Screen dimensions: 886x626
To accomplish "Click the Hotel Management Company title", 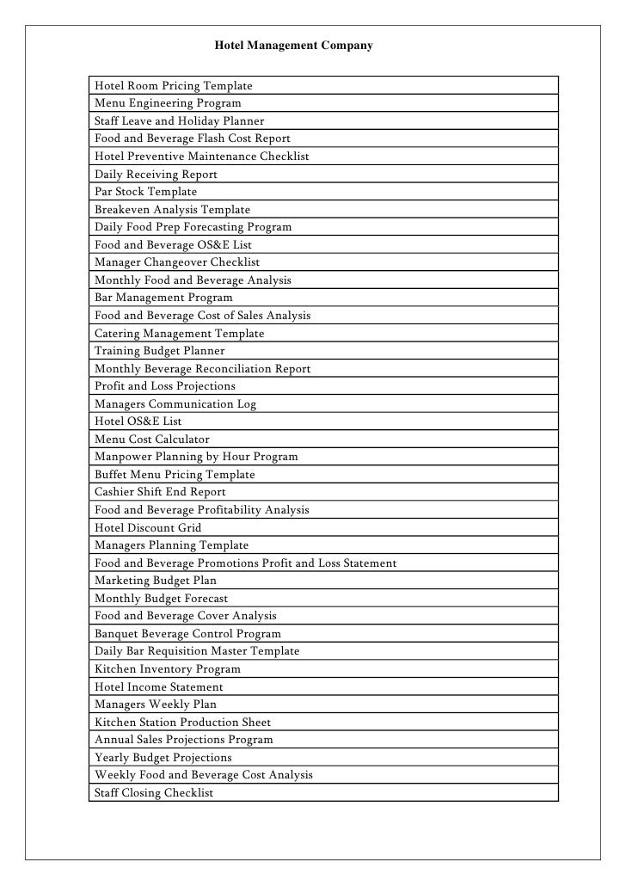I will [293, 43].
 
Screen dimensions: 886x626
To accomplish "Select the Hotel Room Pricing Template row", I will [174, 86].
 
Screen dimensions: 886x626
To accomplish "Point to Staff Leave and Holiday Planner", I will [180, 121].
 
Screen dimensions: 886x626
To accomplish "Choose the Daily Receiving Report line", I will [156, 175].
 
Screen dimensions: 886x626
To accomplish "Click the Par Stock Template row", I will [146, 192].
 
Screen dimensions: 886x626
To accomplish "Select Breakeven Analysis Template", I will [173, 210].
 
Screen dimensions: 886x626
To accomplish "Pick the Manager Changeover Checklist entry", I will [177, 262].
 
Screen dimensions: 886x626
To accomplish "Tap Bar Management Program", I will [163, 298].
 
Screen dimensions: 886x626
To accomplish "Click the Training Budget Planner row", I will [160, 351].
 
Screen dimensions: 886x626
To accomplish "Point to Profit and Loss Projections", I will [165, 386].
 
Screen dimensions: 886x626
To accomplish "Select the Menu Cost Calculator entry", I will [152, 440].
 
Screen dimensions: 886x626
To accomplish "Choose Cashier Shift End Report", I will [161, 492].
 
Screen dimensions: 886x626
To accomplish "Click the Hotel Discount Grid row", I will [149, 527].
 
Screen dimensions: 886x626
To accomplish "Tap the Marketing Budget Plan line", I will [156, 581].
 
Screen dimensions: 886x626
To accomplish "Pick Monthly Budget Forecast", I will [162, 599].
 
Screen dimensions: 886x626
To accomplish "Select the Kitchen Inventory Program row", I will [168, 669].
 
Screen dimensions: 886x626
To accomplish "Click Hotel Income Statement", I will [159, 687].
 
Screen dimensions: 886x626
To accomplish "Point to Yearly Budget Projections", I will [163, 758].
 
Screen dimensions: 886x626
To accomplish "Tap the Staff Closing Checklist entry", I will [154, 793].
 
